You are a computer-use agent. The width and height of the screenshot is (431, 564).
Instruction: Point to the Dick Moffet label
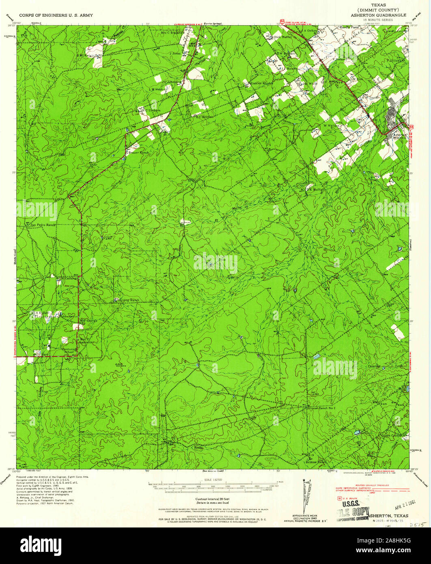click(x=283, y=37)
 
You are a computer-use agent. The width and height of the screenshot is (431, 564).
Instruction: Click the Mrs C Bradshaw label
click(x=171, y=33)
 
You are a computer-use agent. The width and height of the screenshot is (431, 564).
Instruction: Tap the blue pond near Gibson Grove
click(x=357, y=433)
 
